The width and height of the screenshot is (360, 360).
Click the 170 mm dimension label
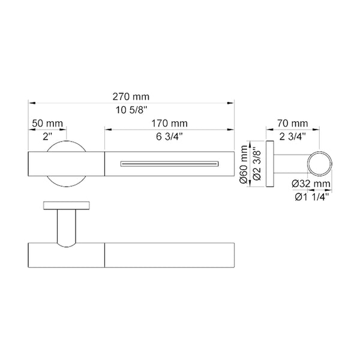click(169, 122)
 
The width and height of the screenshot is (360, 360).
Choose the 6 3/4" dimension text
click(169, 136)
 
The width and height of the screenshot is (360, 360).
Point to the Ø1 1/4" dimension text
click(311, 196)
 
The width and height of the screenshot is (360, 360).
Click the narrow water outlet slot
click(169, 163)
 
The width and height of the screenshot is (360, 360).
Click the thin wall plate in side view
click(269, 164)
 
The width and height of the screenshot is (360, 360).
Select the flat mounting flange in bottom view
click(67, 206)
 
